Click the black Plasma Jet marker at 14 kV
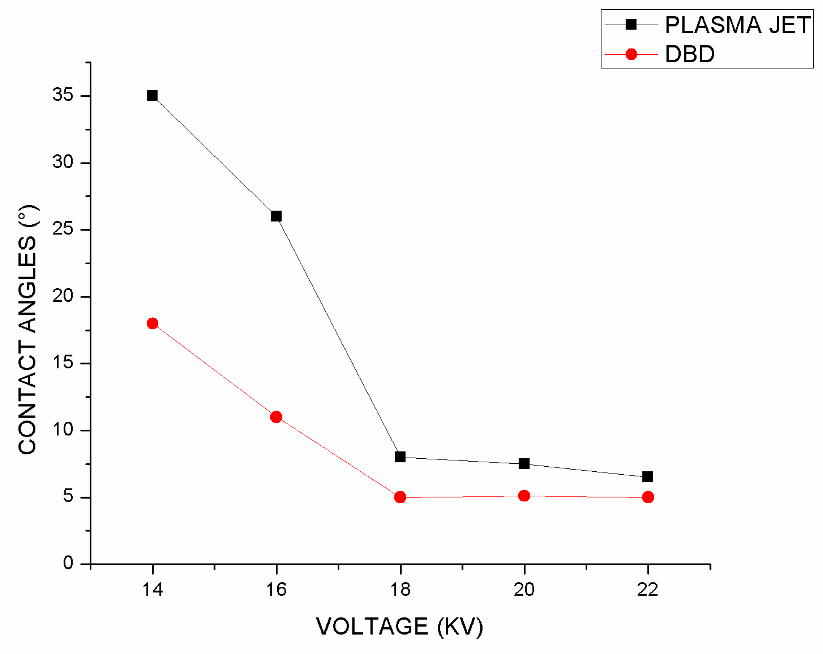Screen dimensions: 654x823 tap(152, 96)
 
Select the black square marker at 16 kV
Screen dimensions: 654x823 tap(276, 216)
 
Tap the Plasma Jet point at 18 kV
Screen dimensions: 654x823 tap(400, 457)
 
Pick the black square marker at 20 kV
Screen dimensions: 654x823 tap(524, 464)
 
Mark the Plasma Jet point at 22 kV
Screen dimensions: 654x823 tap(648, 477)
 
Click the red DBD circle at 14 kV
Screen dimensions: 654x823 tap(152, 323)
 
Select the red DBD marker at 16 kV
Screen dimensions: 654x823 tap(276, 417)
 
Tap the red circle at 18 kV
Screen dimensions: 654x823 tap(400, 497)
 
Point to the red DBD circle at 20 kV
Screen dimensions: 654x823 tap(524, 496)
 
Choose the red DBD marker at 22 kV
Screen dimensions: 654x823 tap(648, 497)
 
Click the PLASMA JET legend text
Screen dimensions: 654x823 tap(737, 25)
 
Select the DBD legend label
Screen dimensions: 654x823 tap(690, 54)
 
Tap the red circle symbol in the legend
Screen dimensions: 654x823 tap(631, 54)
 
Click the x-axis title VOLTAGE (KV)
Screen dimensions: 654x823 tap(400, 626)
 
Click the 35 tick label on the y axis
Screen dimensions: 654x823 tap(63, 95)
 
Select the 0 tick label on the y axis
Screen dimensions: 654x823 tap(68, 563)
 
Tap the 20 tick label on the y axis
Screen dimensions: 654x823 tap(63, 296)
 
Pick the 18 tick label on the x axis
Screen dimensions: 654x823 tap(400, 590)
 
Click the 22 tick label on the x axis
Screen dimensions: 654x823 tap(647, 590)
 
